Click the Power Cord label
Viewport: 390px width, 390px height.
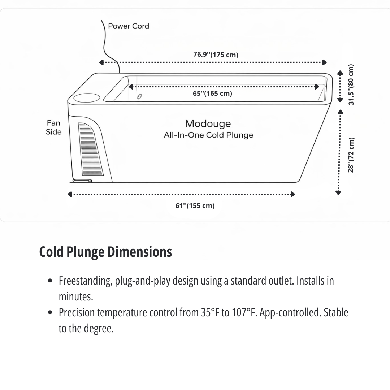point(128,26)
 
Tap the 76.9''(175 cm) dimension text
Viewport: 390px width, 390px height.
point(216,55)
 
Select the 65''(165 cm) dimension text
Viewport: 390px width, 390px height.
point(212,94)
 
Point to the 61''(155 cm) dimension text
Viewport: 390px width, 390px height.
point(195,206)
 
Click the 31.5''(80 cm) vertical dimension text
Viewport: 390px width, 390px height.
point(351,85)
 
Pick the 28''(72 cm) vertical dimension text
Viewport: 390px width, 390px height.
point(351,155)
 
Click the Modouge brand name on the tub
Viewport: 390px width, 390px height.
point(208,123)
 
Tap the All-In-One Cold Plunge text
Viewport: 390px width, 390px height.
point(208,135)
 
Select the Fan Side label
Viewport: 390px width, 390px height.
point(53,127)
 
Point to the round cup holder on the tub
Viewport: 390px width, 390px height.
point(87,97)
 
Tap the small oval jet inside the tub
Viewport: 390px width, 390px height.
point(139,96)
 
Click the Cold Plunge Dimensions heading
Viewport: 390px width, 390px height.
point(105,252)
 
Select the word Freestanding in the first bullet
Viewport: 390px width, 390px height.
point(84,281)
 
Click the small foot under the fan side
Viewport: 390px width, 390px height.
point(82,181)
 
